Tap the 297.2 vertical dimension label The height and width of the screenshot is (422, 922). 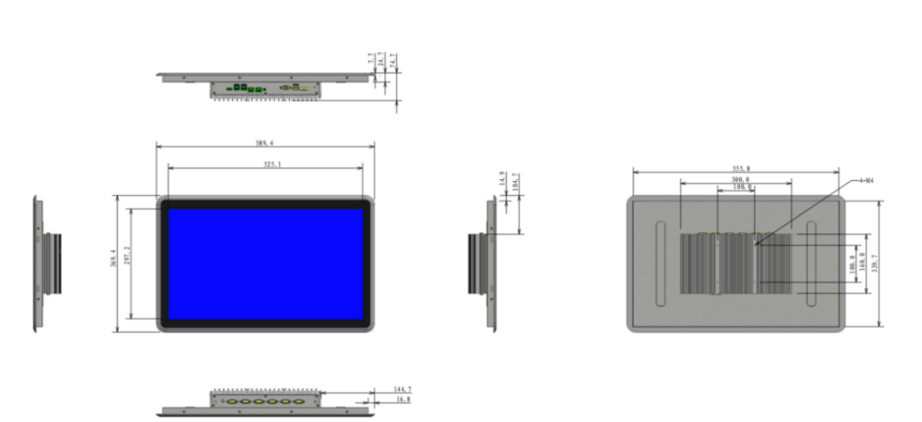[127, 262]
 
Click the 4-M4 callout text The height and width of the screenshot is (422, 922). [867, 181]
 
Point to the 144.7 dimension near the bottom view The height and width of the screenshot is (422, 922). [401, 390]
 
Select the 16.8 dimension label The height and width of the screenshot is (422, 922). [402, 399]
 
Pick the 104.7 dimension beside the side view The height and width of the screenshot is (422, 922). [514, 182]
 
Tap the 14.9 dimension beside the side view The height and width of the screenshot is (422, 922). [502, 179]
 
